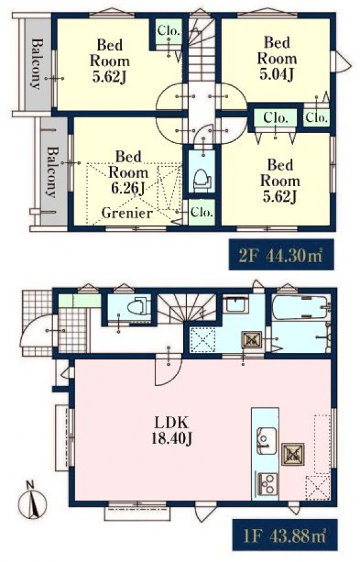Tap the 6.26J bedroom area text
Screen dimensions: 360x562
pos(128,188)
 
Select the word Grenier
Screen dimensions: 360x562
pos(127,213)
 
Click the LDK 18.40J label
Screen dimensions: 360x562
pos(171,430)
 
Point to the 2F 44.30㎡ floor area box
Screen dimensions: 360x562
pos(281,255)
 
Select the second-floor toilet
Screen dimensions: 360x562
pos(202,179)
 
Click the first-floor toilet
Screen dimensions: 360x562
pos(139,305)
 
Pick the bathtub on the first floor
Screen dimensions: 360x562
pos(299,307)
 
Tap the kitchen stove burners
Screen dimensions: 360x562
pos(266,483)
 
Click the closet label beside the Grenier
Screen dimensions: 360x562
pos(202,212)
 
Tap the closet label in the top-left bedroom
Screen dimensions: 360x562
pos(168,31)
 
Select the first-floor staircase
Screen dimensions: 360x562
pos(187,307)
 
